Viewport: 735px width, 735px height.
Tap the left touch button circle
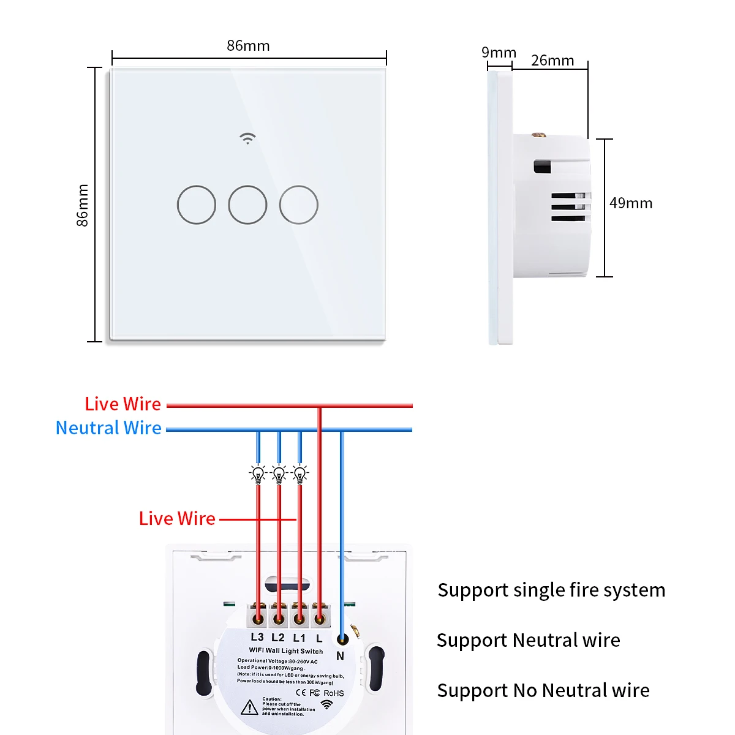[x=197, y=205]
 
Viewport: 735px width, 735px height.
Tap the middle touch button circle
[x=247, y=205]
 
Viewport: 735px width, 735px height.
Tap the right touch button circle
[x=299, y=205]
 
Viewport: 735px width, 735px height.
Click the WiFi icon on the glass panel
[x=247, y=138]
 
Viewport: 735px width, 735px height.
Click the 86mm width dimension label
[x=248, y=46]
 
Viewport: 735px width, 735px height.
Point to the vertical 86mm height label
[x=83, y=205]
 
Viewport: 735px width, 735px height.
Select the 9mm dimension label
[x=499, y=53]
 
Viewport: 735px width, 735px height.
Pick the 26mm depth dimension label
[x=552, y=61]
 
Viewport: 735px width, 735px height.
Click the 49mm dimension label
[x=631, y=203]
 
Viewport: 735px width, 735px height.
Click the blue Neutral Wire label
[x=108, y=428]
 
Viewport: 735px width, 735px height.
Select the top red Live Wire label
[x=123, y=404]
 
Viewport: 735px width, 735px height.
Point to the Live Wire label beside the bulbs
[x=177, y=519]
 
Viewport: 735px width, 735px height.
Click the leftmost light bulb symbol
[x=258, y=473]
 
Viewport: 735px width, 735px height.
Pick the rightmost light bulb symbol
[x=300, y=473]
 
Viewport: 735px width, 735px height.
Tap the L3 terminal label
[x=257, y=637]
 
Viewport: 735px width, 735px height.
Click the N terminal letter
[x=341, y=656]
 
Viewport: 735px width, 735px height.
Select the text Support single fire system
[x=551, y=590]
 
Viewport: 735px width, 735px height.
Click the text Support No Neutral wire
[x=543, y=690]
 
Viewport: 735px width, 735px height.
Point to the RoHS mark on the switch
[x=334, y=693]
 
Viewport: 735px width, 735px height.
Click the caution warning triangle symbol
[x=249, y=707]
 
